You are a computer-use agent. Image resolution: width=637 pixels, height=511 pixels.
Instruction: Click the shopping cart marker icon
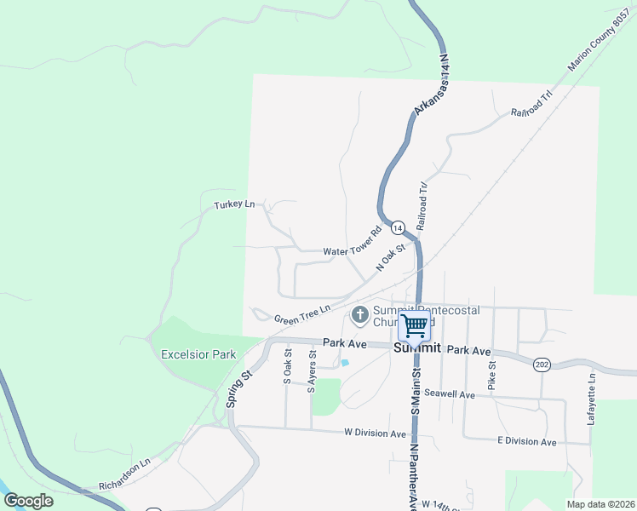[x=415, y=324]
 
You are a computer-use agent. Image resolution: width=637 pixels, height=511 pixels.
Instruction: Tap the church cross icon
[x=359, y=316]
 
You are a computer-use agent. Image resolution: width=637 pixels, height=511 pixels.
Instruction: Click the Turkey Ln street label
[x=234, y=204]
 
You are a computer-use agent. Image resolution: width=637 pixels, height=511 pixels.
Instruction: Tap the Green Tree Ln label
[x=301, y=313]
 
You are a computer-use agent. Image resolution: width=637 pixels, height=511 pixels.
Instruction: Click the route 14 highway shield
[x=398, y=227]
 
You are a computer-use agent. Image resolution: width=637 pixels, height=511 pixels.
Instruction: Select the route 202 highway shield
[x=542, y=365]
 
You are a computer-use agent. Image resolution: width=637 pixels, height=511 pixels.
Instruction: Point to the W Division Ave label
[x=376, y=433]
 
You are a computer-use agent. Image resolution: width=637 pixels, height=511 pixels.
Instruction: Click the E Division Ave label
[x=526, y=441]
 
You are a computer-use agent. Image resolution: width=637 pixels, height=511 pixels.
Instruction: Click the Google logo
[x=29, y=501]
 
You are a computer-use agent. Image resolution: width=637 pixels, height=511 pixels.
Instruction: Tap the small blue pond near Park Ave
[x=345, y=363]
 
